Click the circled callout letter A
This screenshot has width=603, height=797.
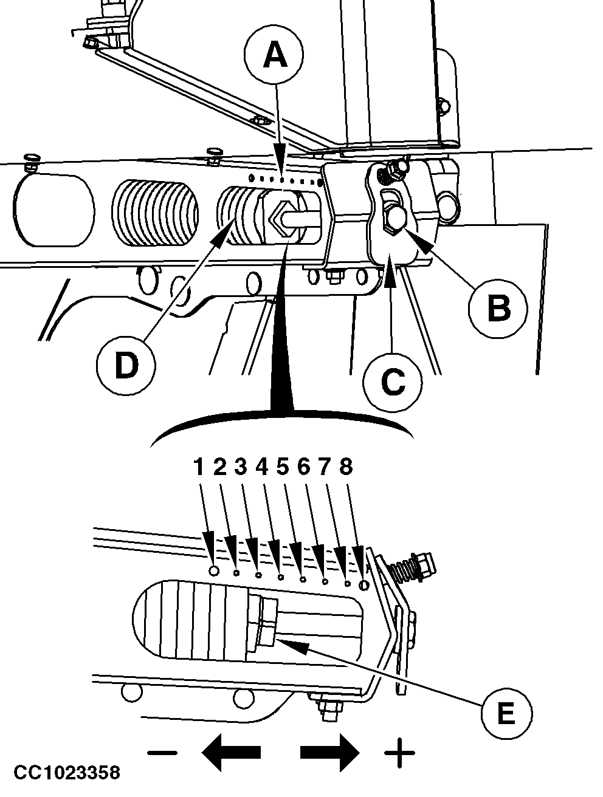point(275,56)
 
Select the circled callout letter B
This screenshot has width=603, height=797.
point(498,307)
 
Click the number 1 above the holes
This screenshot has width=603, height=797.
point(199,467)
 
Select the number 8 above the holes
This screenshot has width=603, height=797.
point(346,467)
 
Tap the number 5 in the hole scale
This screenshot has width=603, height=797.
point(282,467)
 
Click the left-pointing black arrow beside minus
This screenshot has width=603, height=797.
point(231,753)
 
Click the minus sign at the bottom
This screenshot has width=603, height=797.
point(162,753)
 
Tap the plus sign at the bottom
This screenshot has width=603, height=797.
point(399,753)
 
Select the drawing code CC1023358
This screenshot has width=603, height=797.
point(67,773)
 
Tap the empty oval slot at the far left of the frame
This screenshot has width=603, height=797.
point(53,210)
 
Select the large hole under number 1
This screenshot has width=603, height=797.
point(214,571)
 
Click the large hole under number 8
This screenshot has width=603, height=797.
point(364,584)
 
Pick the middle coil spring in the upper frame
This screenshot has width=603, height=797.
point(155,213)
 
